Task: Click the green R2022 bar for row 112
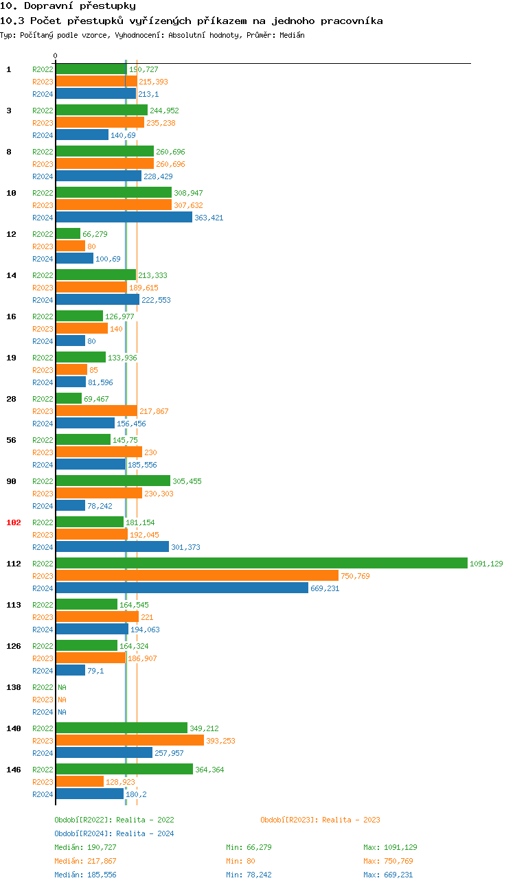pos(261,563)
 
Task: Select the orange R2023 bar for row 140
pos(130,740)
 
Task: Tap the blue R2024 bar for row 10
pos(124,217)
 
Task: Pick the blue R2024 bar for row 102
pos(112,546)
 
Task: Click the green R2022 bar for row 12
pos(68,233)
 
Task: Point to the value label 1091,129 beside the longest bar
pos(486,564)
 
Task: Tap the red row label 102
pos(14,522)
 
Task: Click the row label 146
pos(14,770)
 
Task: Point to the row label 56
pos(11,440)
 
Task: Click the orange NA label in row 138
pos(62,700)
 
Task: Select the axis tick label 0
pos(56,56)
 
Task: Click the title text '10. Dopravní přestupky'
pos(68,6)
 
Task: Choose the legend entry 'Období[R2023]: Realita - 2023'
pos(320,820)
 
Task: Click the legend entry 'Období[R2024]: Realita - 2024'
pos(114,833)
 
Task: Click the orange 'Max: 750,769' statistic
pos(388,861)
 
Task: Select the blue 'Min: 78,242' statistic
pos(249,875)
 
